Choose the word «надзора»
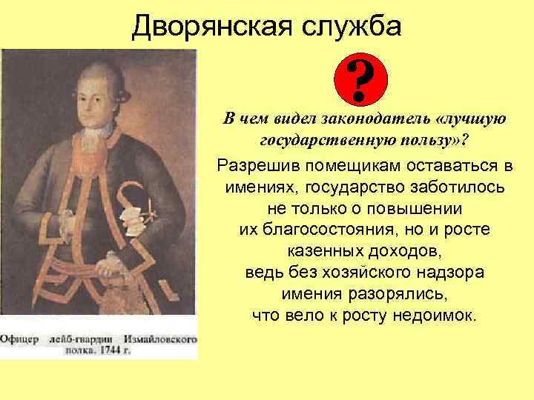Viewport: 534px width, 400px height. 449,272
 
